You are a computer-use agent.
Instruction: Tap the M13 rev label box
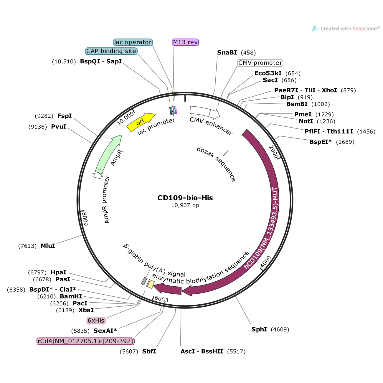[x=185, y=42]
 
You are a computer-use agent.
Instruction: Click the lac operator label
[x=133, y=42]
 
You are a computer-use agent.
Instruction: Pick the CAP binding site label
[x=111, y=51]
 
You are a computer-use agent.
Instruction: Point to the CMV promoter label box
[x=260, y=63]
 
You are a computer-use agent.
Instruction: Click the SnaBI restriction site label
[x=227, y=53]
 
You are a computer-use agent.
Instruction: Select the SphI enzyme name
[x=259, y=329]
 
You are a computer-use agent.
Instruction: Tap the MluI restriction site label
[x=48, y=246]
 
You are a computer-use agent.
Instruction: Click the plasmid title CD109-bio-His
[x=185, y=198]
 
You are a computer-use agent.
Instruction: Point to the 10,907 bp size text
[x=185, y=205]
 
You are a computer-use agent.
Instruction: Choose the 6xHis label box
[x=96, y=321]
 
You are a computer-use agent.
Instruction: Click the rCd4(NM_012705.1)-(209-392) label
[x=86, y=341]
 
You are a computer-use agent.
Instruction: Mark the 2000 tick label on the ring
[x=274, y=152]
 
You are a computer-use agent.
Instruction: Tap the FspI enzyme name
[x=65, y=116]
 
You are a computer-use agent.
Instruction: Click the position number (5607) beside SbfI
[x=129, y=351]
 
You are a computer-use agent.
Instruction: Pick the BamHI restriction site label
[x=71, y=296]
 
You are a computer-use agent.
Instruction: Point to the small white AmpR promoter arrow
[x=98, y=176]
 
